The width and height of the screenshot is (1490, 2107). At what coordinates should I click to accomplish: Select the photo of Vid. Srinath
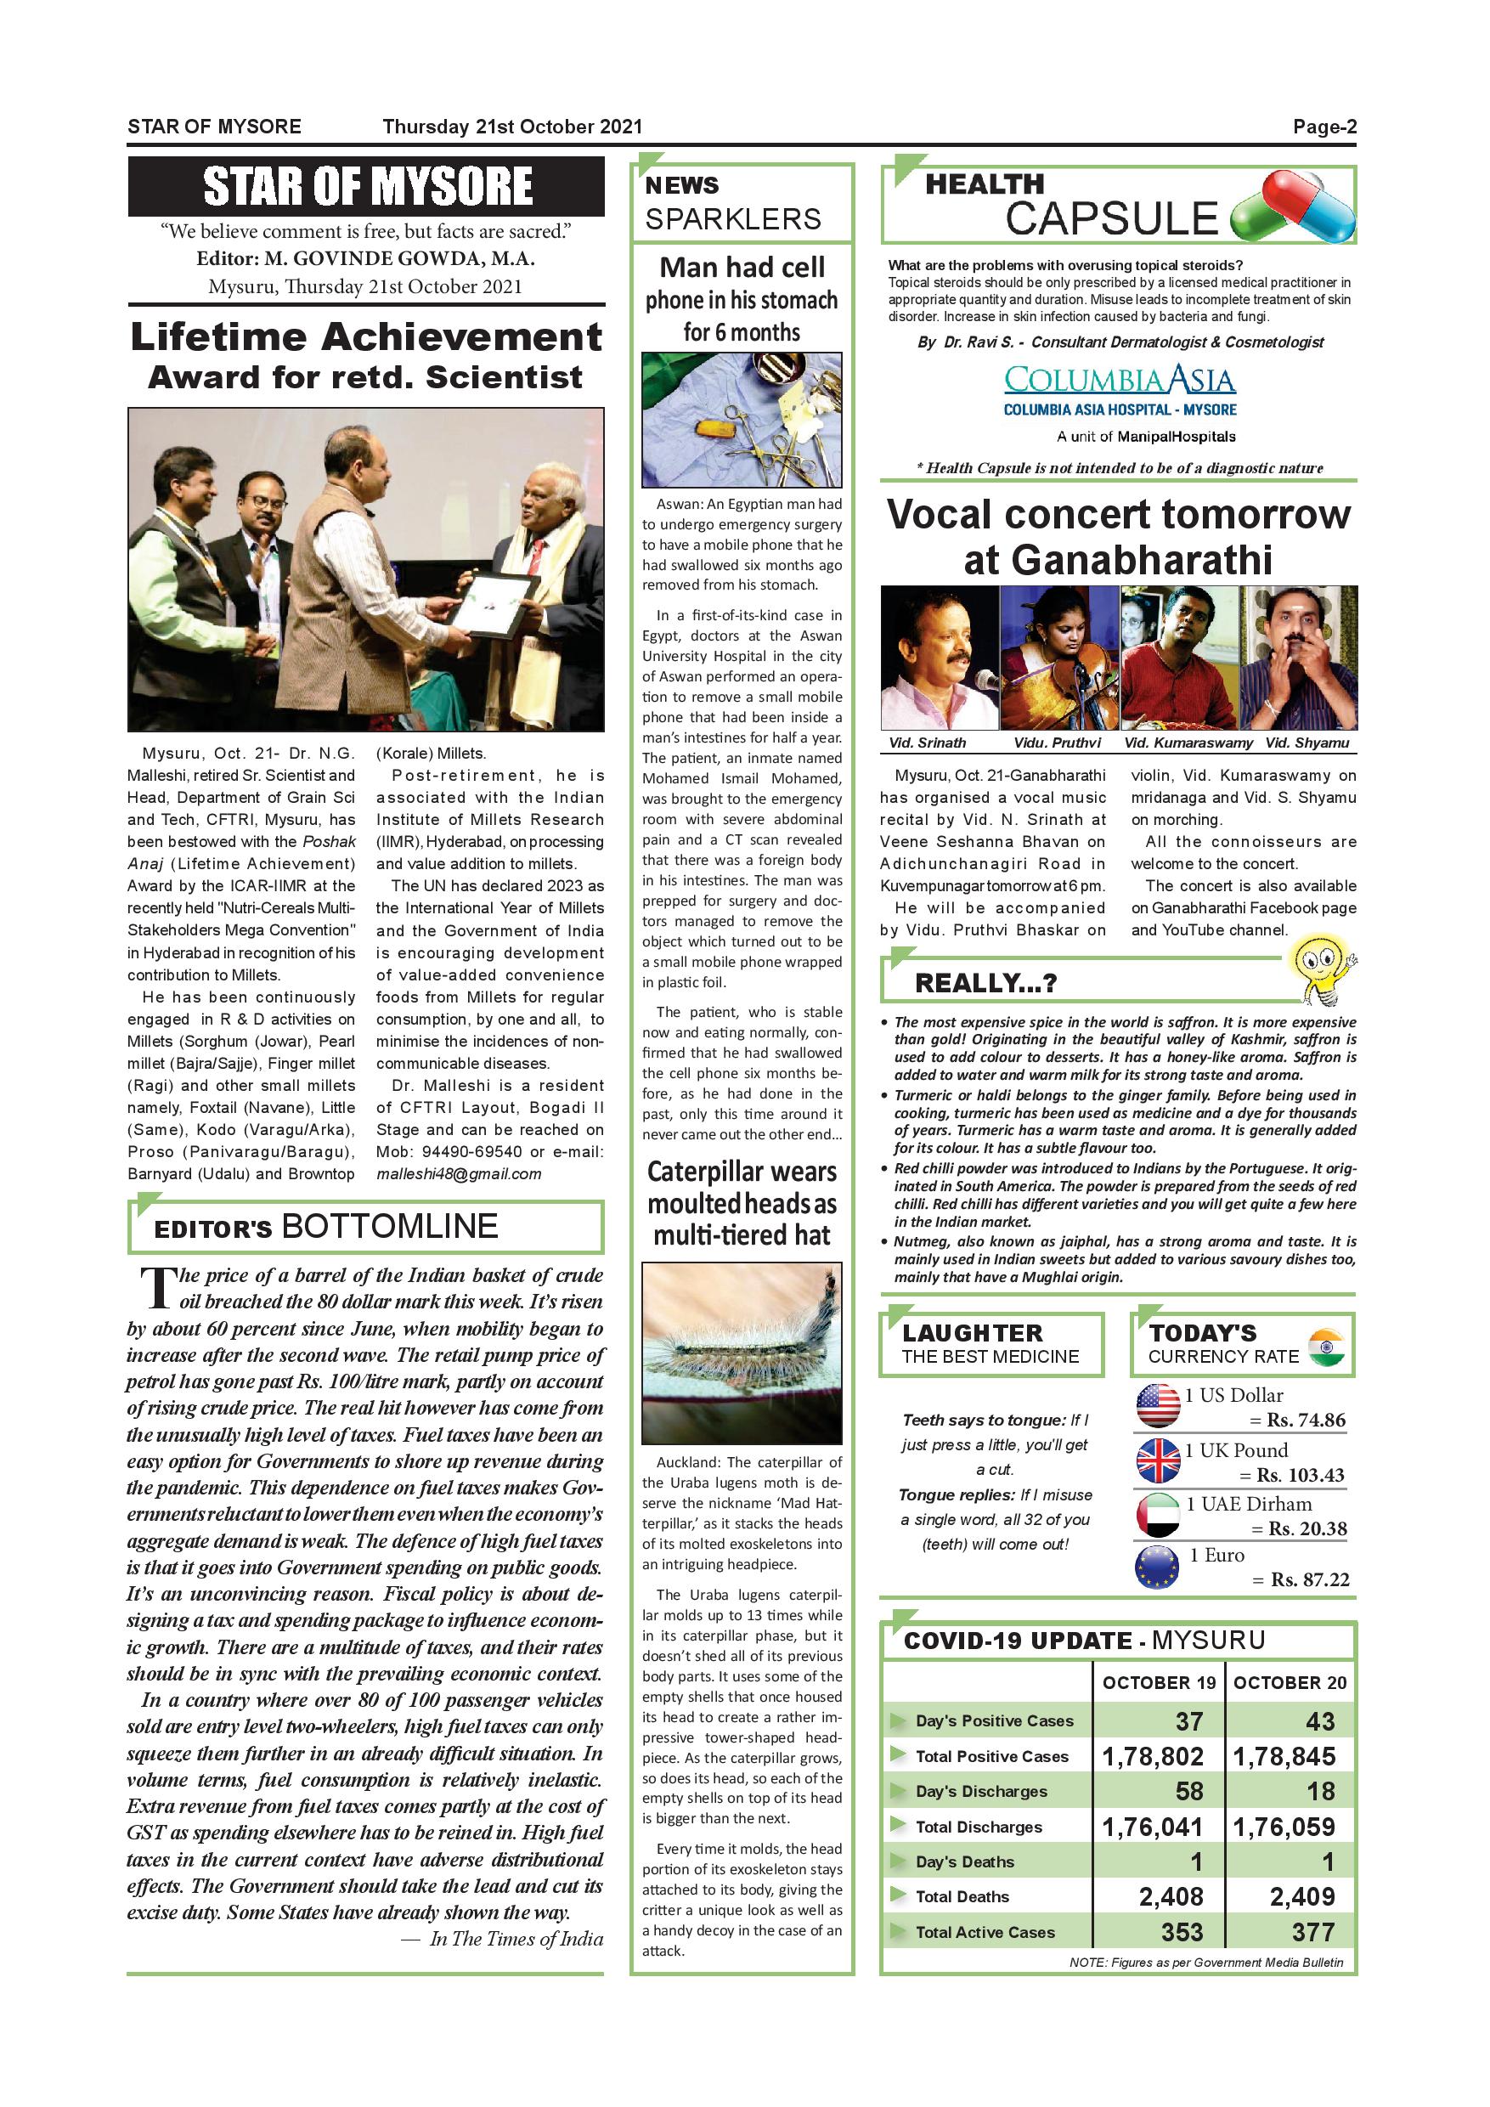(x=939, y=657)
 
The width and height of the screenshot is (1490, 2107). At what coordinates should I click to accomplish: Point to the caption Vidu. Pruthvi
(x=1057, y=743)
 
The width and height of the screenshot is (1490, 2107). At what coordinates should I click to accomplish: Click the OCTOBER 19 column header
(x=1159, y=1682)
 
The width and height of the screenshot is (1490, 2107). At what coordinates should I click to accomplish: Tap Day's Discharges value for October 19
(x=1189, y=1790)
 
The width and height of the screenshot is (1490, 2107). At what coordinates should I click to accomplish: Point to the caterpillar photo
(x=742, y=1353)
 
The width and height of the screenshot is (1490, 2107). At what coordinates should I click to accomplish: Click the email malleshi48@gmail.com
(x=459, y=1173)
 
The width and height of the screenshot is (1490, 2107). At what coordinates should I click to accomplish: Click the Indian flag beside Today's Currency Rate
(x=1327, y=1347)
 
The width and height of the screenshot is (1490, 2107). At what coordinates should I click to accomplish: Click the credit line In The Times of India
(x=516, y=1938)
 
